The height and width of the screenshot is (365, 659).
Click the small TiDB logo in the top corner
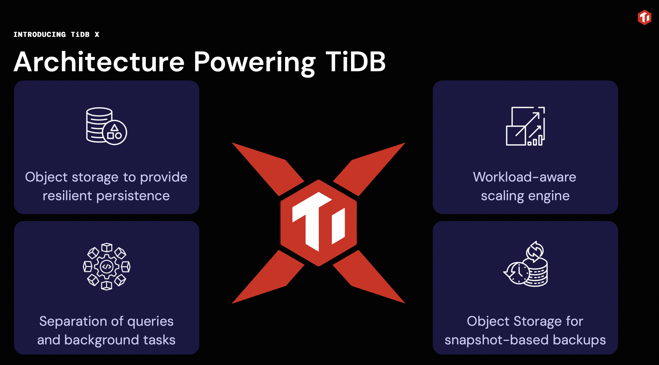[644, 17]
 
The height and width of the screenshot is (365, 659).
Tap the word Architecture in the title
[99, 62]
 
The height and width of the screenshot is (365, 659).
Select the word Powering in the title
[254, 63]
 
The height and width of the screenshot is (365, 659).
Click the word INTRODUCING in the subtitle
[40, 34]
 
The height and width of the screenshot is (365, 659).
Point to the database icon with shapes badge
[107, 126]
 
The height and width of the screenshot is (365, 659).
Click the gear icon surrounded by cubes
[107, 266]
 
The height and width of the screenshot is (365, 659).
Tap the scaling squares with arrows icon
[525, 126]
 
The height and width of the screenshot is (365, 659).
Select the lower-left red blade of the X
[268, 277]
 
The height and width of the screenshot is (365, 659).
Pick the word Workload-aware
[524, 177]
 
